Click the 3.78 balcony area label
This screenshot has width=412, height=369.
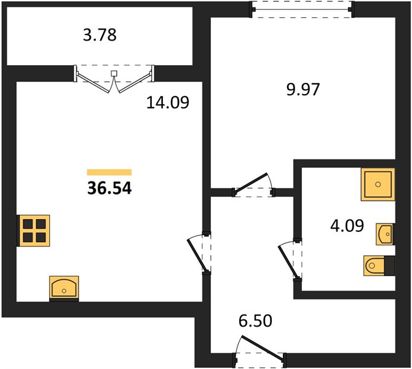point(100,35)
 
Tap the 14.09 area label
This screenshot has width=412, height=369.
point(168,102)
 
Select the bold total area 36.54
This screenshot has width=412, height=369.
point(109,188)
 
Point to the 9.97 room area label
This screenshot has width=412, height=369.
point(303,89)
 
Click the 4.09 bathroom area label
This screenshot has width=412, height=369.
point(347,226)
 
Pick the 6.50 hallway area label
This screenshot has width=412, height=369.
point(255,320)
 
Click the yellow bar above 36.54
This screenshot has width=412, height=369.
point(109,172)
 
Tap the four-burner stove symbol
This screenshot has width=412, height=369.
point(34,231)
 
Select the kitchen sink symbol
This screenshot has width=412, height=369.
point(64,288)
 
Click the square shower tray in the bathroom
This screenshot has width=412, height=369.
point(378,184)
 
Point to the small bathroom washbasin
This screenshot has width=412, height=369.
point(385,234)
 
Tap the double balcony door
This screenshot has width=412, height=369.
point(114,79)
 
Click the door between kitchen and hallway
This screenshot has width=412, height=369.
point(200,253)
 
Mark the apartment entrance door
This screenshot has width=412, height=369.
point(260,352)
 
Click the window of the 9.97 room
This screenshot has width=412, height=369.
point(302,9)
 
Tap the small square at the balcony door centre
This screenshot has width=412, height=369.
point(114,73)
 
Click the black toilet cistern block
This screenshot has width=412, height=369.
point(390,266)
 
